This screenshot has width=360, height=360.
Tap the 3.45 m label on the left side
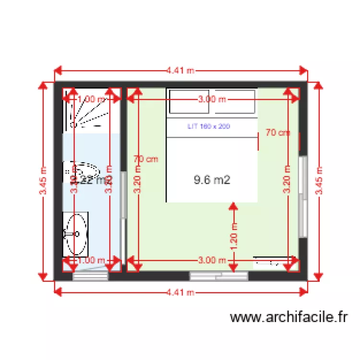coord(43,181)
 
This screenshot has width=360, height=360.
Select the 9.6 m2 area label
coord(212,180)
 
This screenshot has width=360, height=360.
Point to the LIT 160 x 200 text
coord(209,127)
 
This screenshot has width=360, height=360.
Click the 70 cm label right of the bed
coord(278,133)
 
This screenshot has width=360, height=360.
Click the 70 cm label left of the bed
coord(146,159)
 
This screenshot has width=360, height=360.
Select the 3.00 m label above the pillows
coord(212,100)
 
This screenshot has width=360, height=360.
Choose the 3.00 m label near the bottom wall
coord(212,260)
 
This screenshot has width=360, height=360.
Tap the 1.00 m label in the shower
coord(91,99)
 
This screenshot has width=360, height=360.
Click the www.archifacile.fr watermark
coord(288,317)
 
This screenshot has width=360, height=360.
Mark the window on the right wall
coord(303,196)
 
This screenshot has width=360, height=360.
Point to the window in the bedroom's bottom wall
coord(219,276)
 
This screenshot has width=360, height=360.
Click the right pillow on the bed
coord(235,101)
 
